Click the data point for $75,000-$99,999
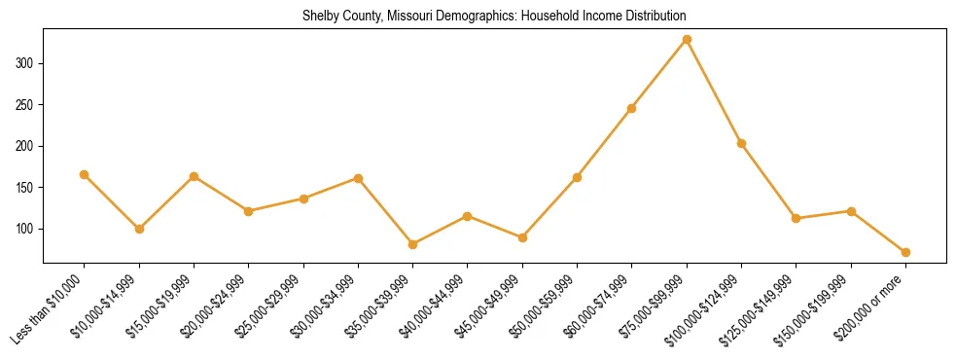(x=687, y=40)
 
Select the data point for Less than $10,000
(x=85, y=175)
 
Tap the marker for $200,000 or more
(x=905, y=252)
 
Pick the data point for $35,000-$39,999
(x=413, y=244)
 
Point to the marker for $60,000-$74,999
(x=632, y=108)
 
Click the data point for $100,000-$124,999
(x=741, y=144)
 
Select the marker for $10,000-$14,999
(x=139, y=229)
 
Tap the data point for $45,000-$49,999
(x=522, y=237)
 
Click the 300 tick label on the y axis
(x=26, y=63)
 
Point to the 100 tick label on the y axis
(x=26, y=229)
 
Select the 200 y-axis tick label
(x=26, y=146)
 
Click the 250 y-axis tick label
(x=26, y=105)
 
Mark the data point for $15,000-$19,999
(x=194, y=176)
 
